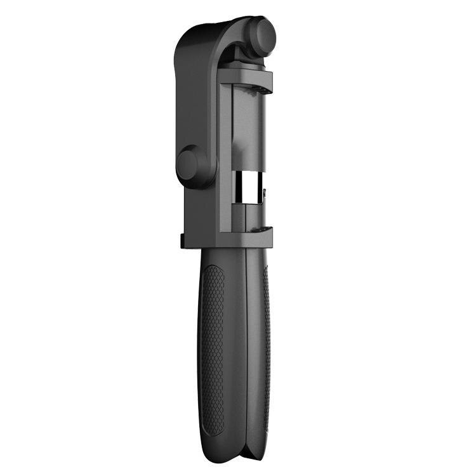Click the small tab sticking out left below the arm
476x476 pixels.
pos(182,242)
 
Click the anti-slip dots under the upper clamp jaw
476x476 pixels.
pos(257,91)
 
